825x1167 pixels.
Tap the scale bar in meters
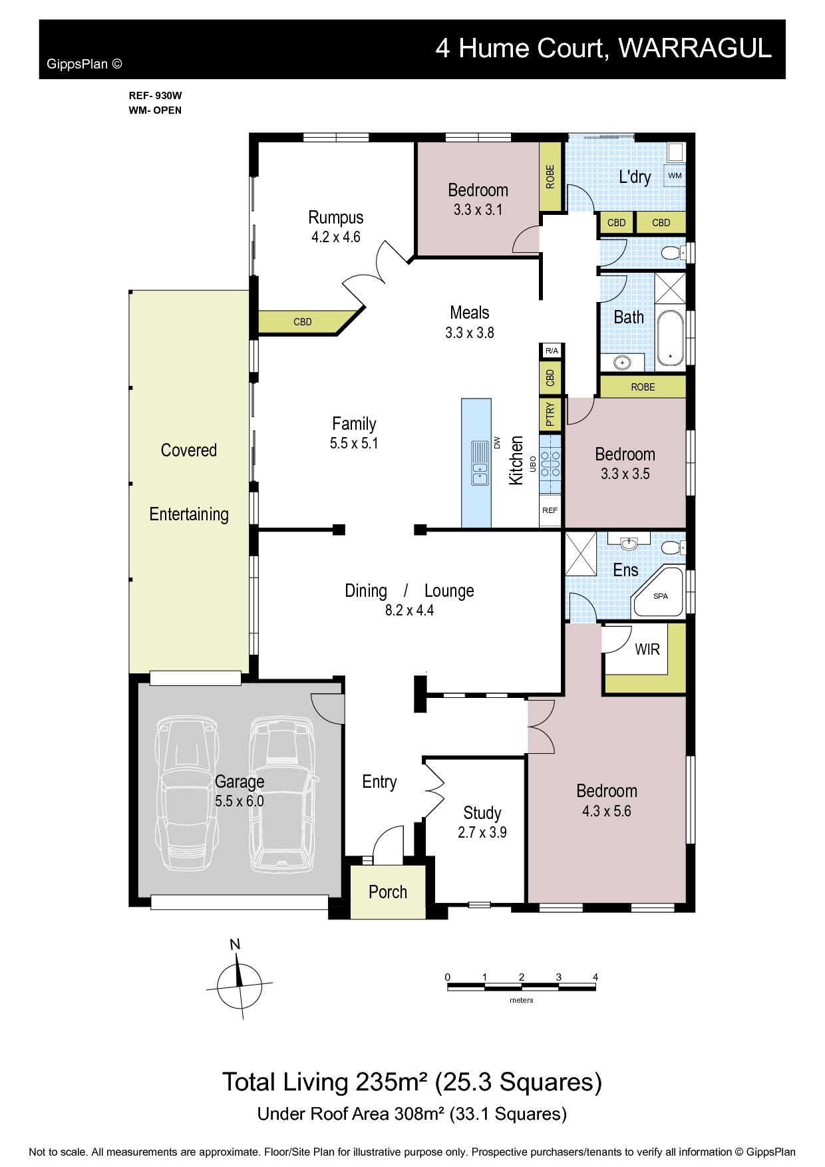point(522,987)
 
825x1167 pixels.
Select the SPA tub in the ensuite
point(659,592)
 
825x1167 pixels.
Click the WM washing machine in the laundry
point(675,176)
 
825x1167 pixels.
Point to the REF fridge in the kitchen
point(550,510)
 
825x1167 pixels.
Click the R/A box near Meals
point(551,351)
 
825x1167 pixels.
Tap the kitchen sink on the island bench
point(480,463)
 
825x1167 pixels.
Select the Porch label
point(388,892)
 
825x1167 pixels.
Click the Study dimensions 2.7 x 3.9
point(482,832)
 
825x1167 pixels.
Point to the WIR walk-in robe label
point(647,649)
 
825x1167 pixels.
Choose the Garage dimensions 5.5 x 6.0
point(240,801)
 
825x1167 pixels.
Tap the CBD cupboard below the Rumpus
point(303,322)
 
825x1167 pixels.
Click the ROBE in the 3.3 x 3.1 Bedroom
point(551,177)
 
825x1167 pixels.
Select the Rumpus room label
point(336,218)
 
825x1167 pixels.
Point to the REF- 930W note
point(155,96)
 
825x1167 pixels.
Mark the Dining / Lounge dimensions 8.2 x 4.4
point(409,610)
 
